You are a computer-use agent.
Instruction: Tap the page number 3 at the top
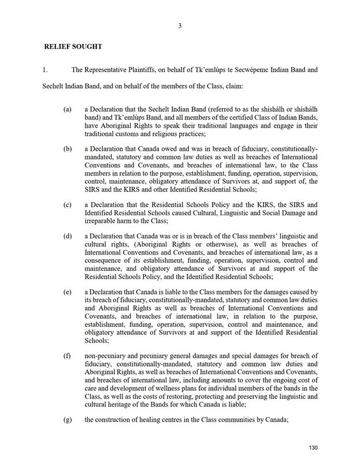coord(180,25)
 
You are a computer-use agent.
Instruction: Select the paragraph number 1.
coord(44,70)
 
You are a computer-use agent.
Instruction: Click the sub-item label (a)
coord(68,109)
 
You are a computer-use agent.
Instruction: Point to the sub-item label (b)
coord(68,149)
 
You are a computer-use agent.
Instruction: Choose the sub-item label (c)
coord(68,205)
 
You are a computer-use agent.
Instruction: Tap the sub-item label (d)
coord(68,237)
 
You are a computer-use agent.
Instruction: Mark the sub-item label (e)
coord(68,292)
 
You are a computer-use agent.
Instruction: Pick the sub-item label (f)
coord(68,356)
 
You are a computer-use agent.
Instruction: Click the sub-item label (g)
coord(68,420)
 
